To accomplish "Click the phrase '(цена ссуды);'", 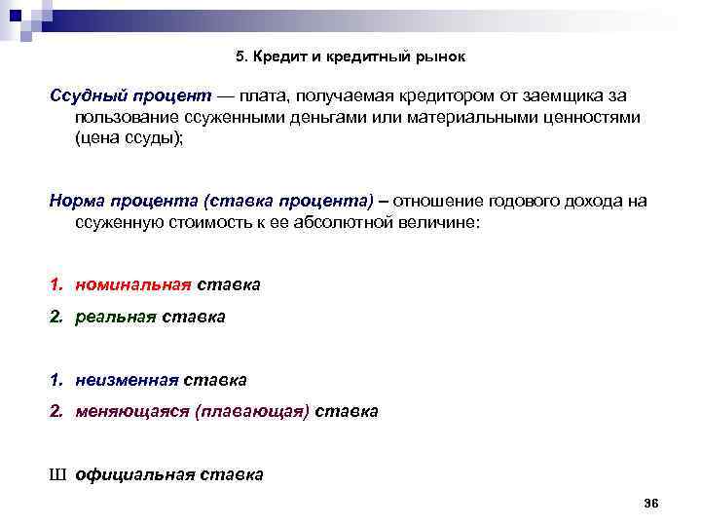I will pyautogui.click(x=128, y=138).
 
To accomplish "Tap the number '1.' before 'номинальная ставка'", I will pyautogui.click(x=58, y=285).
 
